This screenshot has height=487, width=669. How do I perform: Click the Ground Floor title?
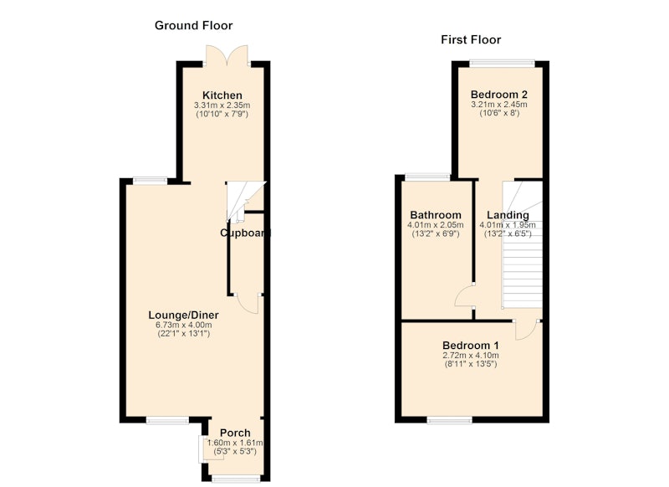coord(193,26)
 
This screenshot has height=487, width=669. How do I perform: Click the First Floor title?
coord(471,39)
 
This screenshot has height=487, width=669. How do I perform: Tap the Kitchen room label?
coord(222,95)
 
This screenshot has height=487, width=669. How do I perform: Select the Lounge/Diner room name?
coord(183,315)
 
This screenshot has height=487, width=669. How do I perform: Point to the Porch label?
coord(235,433)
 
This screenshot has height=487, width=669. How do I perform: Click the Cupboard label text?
coord(245,233)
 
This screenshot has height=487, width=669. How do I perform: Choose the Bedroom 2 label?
coord(499,95)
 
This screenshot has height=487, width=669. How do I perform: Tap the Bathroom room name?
coord(436,215)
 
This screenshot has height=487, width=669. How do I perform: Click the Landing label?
coord(508,215)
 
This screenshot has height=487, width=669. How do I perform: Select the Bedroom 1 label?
coord(471,346)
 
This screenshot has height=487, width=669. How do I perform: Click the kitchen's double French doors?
coord(227,55)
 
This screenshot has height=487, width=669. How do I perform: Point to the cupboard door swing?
coord(248,304)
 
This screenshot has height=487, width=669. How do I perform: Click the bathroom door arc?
coord(464,296)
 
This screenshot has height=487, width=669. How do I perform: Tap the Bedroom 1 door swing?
coord(527,331)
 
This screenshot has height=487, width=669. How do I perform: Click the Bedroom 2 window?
coord(503,64)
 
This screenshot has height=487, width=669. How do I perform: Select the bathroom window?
coord(427,177)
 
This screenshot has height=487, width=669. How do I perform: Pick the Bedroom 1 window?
coord(450,420)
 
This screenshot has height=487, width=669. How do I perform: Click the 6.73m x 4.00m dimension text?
coord(183,326)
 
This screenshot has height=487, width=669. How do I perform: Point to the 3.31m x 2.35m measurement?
coord(222,105)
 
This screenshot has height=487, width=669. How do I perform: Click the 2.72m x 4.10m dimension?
coord(471,355)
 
